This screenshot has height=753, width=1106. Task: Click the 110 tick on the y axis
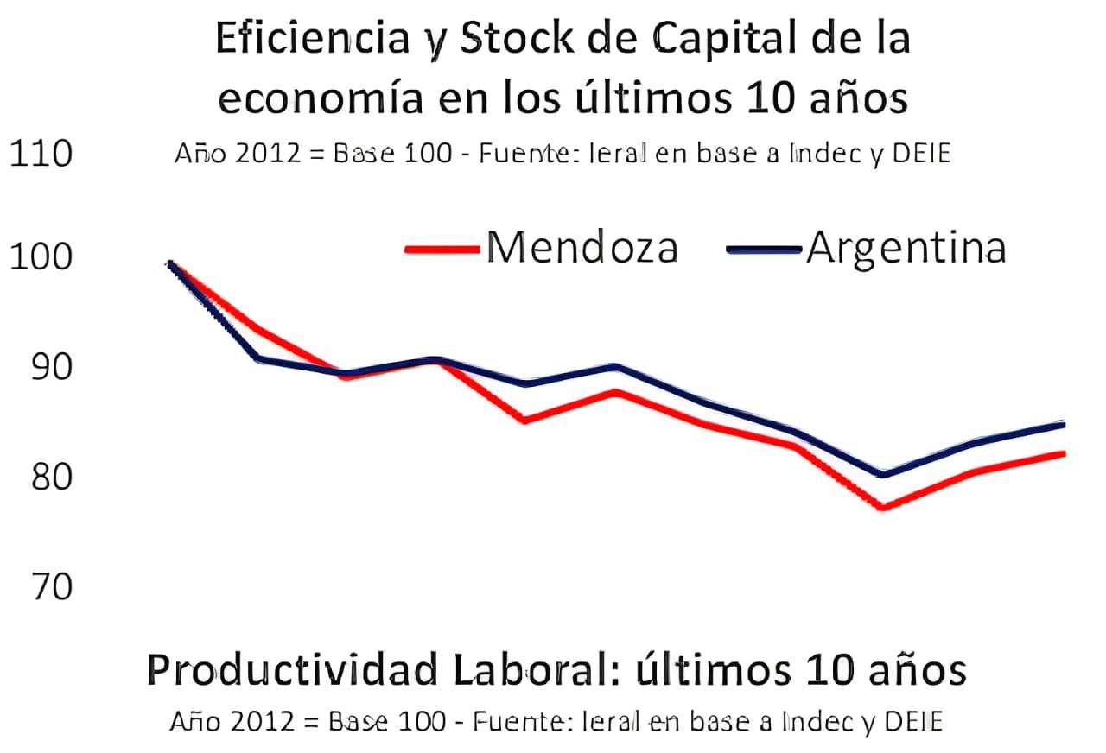[x=40, y=155]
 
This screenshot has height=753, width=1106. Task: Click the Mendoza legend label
[x=582, y=248]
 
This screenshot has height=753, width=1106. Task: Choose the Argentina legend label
[x=906, y=248]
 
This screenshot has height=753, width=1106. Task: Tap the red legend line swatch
[x=442, y=250]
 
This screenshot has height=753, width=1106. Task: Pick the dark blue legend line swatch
[x=765, y=250]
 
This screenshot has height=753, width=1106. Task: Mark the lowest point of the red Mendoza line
[x=883, y=508]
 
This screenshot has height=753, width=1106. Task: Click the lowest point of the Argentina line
[x=883, y=474]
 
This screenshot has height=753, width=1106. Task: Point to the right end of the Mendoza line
[x=1063, y=453]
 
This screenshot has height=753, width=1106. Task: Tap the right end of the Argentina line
[x=1063, y=424]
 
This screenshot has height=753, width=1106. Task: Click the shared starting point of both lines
[x=170, y=263]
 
